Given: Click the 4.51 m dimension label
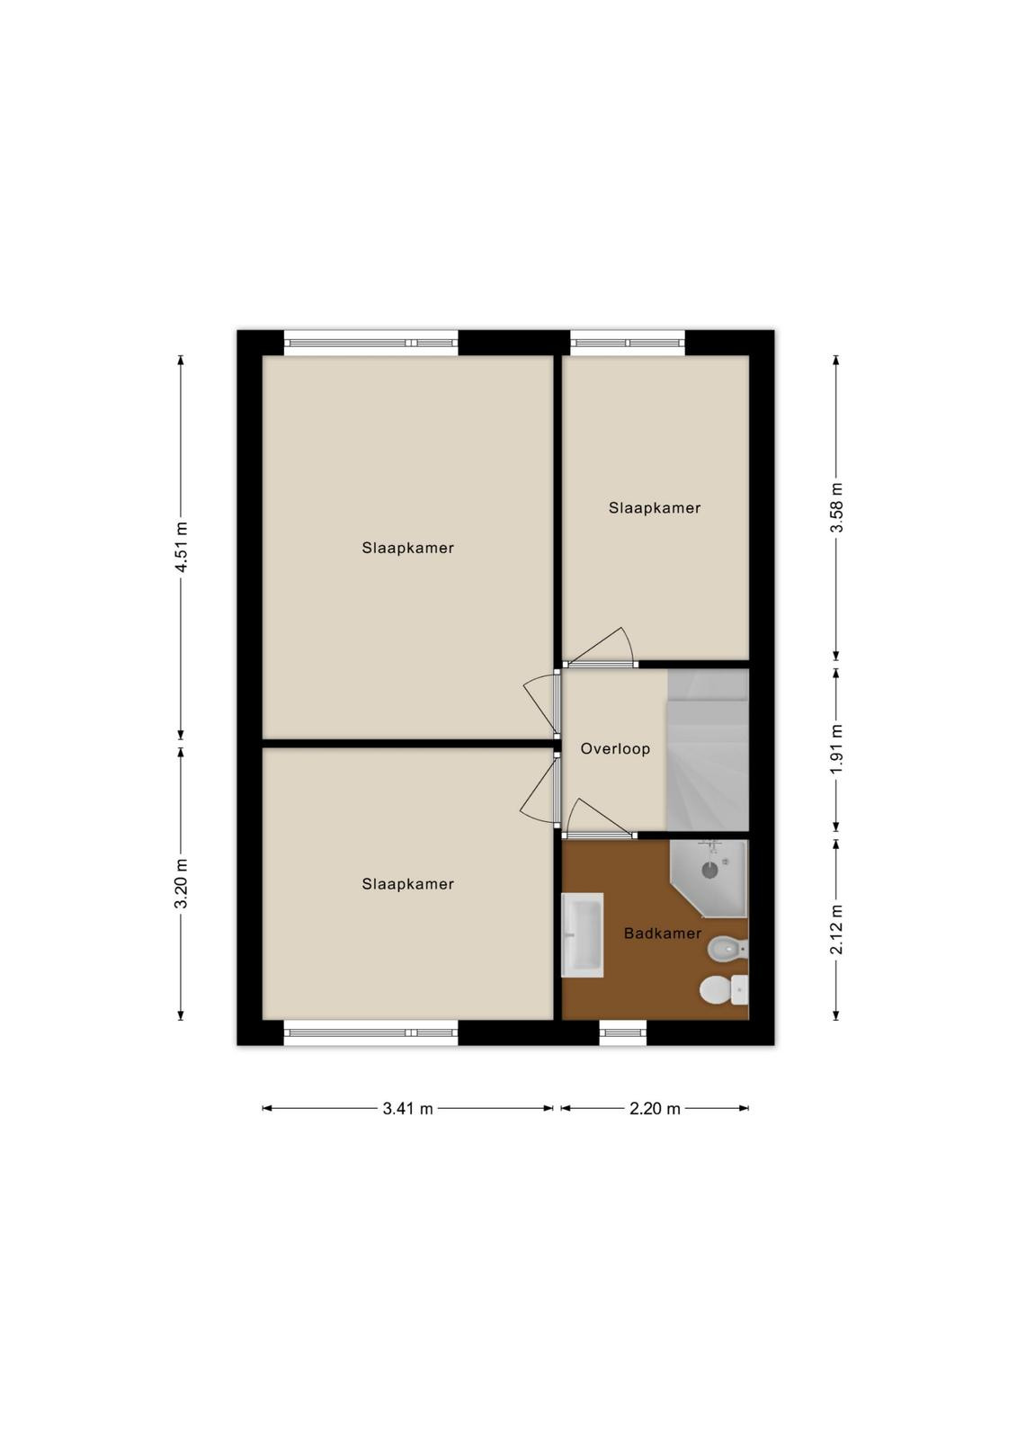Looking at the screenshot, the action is (x=183, y=548).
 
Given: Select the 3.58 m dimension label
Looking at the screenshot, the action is (x=837, y=507).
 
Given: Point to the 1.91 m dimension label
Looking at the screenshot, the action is (x=837, y=749).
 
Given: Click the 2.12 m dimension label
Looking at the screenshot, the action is (x=837, y=929).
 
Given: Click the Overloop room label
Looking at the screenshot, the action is (x=615, y=748).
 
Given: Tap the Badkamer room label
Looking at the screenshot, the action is (x=663, y=933).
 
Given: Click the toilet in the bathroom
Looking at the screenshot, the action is (x=723, y=990).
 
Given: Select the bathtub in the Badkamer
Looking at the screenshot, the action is (x=582, y=934).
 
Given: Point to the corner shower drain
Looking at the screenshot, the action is (x=709, y=871).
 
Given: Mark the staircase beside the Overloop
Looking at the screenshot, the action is (x=708, y=750).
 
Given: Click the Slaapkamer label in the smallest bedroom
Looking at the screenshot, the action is (x=654, y=507).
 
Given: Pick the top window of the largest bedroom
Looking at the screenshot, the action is (x=370, y=343).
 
